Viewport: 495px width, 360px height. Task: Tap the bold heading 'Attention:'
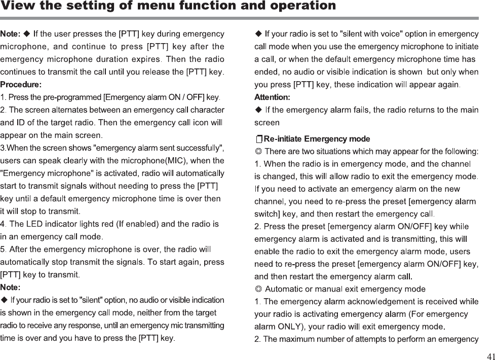(x=272, y=97)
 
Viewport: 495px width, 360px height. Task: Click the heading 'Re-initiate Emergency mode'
(x=317, y=139)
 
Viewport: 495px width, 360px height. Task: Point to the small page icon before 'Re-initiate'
(x=258, y=139)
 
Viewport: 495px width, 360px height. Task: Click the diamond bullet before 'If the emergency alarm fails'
(x=259, y=110)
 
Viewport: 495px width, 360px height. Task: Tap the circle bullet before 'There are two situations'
(x=258, y=152)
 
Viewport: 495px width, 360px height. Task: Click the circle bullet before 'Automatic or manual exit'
(x=258, y=290)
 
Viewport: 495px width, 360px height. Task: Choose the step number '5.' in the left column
(x=4, y=249)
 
